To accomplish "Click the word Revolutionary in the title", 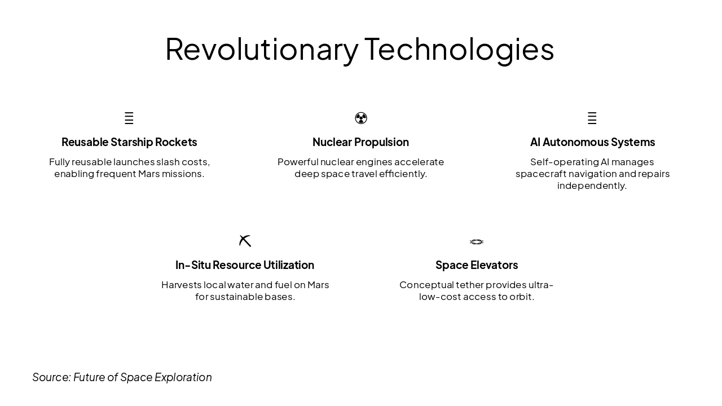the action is coord(262,50).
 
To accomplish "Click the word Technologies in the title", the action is coord(459,50).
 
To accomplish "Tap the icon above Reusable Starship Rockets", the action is coord(129,118).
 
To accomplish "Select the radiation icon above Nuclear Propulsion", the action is coord(361,118).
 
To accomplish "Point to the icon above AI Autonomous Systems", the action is coord(592,118).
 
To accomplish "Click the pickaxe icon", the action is coord(245,241).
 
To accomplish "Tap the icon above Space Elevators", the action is coord(477,242).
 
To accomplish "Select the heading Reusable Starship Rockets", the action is coord(129,142).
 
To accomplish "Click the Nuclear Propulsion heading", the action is coord(360,142).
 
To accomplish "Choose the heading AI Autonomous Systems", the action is coord(592,142).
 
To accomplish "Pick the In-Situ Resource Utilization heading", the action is coord(245,265).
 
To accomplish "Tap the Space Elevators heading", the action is coord(477,265).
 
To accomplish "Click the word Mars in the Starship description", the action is coord(149,174).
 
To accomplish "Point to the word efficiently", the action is coord(403,174).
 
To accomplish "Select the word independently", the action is coord(592,186).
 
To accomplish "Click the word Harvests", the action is coord(182,285).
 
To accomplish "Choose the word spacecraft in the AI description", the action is coord(541,174).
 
